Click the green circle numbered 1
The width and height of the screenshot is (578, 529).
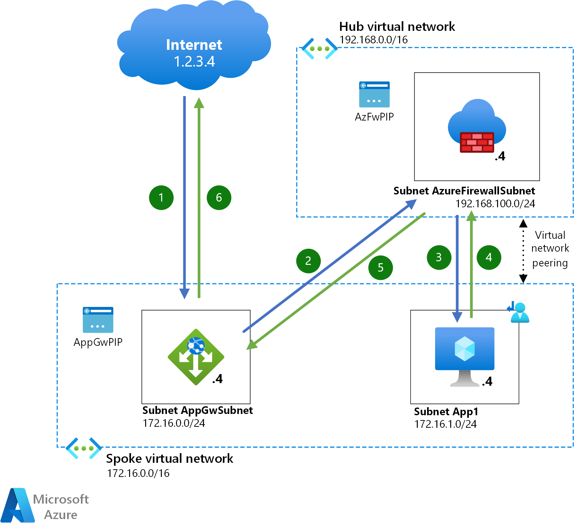click(x=161, y=198)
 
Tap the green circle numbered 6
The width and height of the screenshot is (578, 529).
click(x=219, y=198)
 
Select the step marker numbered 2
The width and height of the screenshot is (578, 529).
click(x=308, y=261)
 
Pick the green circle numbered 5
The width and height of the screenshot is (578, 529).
click(x=381, y=268)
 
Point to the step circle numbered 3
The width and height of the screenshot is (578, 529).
click(x=439, y=257)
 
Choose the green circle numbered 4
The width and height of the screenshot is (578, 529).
click(x=489, y=257)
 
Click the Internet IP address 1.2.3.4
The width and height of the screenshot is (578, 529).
click(x=194, y=61)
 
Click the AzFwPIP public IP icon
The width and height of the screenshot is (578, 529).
click(x=374, y=94)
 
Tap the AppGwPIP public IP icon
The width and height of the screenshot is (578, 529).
click(x=98, y=320)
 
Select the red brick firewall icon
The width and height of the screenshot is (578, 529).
click(x=477, y=142)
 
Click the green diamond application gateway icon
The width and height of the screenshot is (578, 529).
click(x=196, y=357)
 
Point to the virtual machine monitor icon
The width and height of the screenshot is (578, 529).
click(x=464, y=355)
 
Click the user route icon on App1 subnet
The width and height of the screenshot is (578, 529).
click(x=518, y=312)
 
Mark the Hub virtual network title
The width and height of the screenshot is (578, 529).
click(x=397, y=27)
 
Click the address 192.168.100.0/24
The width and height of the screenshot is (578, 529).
click(x=495, y=204)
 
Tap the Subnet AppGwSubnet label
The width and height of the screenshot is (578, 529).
click(x=197, y=410)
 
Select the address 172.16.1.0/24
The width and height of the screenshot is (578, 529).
click(x=445, y=424)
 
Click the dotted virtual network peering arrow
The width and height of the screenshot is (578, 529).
click(x=523, y=251)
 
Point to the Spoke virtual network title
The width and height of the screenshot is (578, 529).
click(x=170, y=459)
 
